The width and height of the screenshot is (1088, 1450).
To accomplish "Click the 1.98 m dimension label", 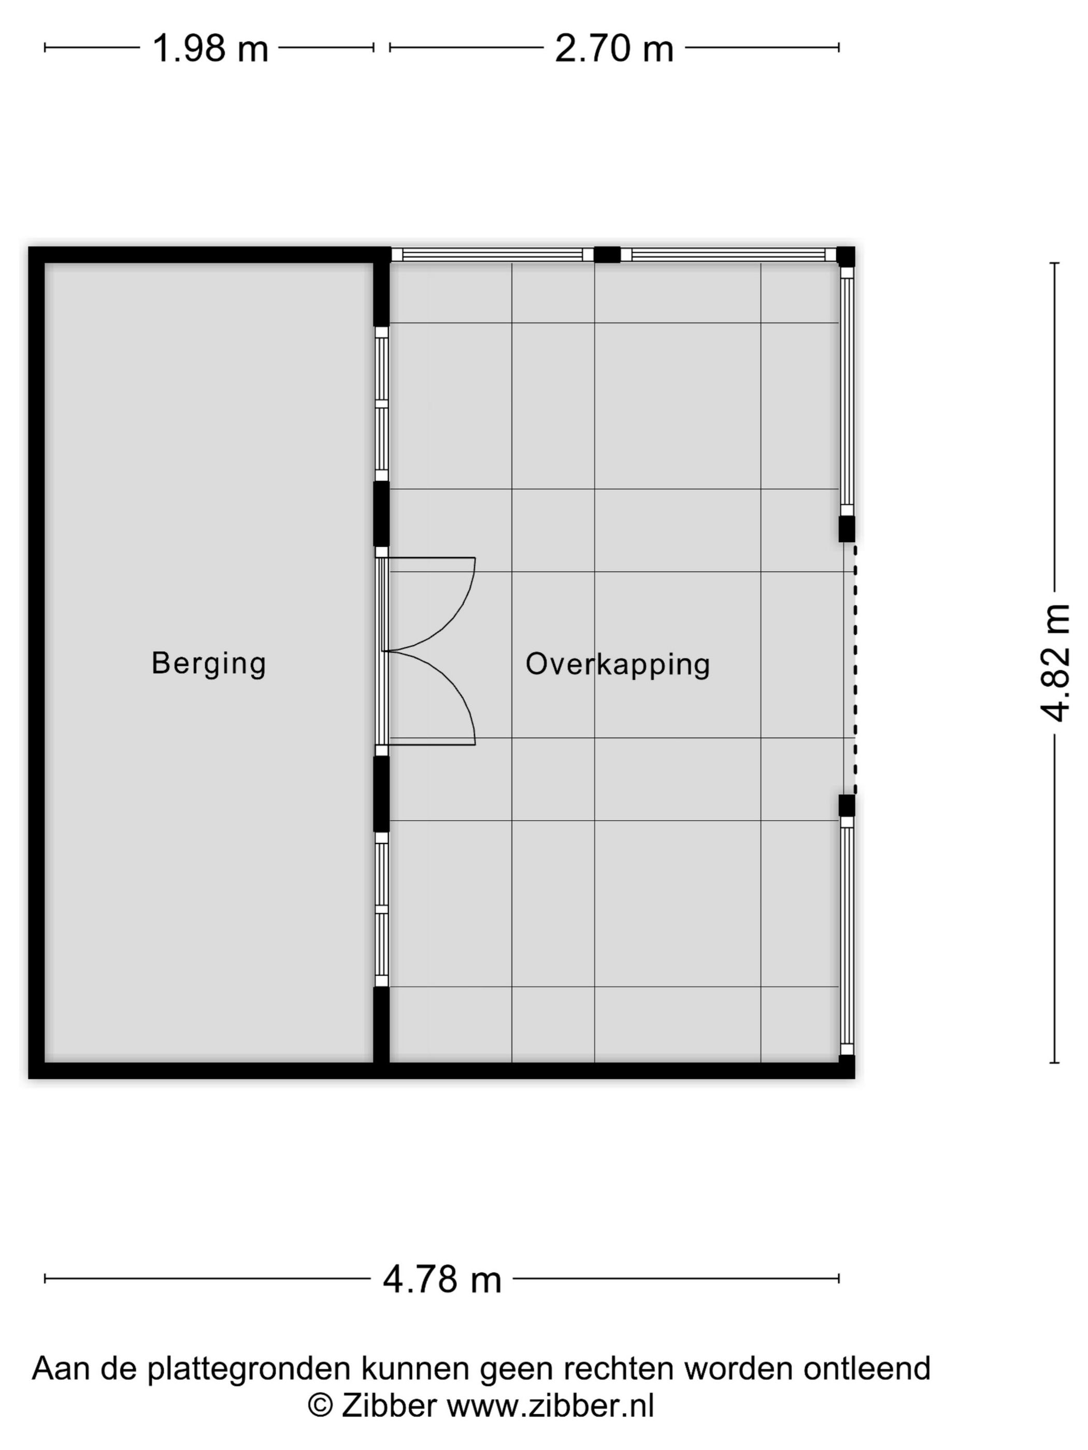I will [x=210, y=49].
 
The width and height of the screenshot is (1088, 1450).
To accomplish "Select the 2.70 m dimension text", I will [x=614, y=49].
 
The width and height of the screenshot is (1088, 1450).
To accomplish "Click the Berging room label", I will [x=209, y=663].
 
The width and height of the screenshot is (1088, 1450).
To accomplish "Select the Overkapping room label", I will [x=617, y=664].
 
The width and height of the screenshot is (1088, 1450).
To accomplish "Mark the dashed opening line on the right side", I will [x=854, y=669].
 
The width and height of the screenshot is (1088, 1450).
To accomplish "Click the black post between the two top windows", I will [x=607, y=254].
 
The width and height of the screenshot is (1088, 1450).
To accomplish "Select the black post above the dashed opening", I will [x=847, y=528].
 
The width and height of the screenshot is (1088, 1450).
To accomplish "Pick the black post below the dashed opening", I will [x=847, y=805].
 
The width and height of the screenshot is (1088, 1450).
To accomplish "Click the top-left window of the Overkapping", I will [x=492, y=254].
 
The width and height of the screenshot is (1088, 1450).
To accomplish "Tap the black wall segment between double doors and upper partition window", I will [x=381, y=514].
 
